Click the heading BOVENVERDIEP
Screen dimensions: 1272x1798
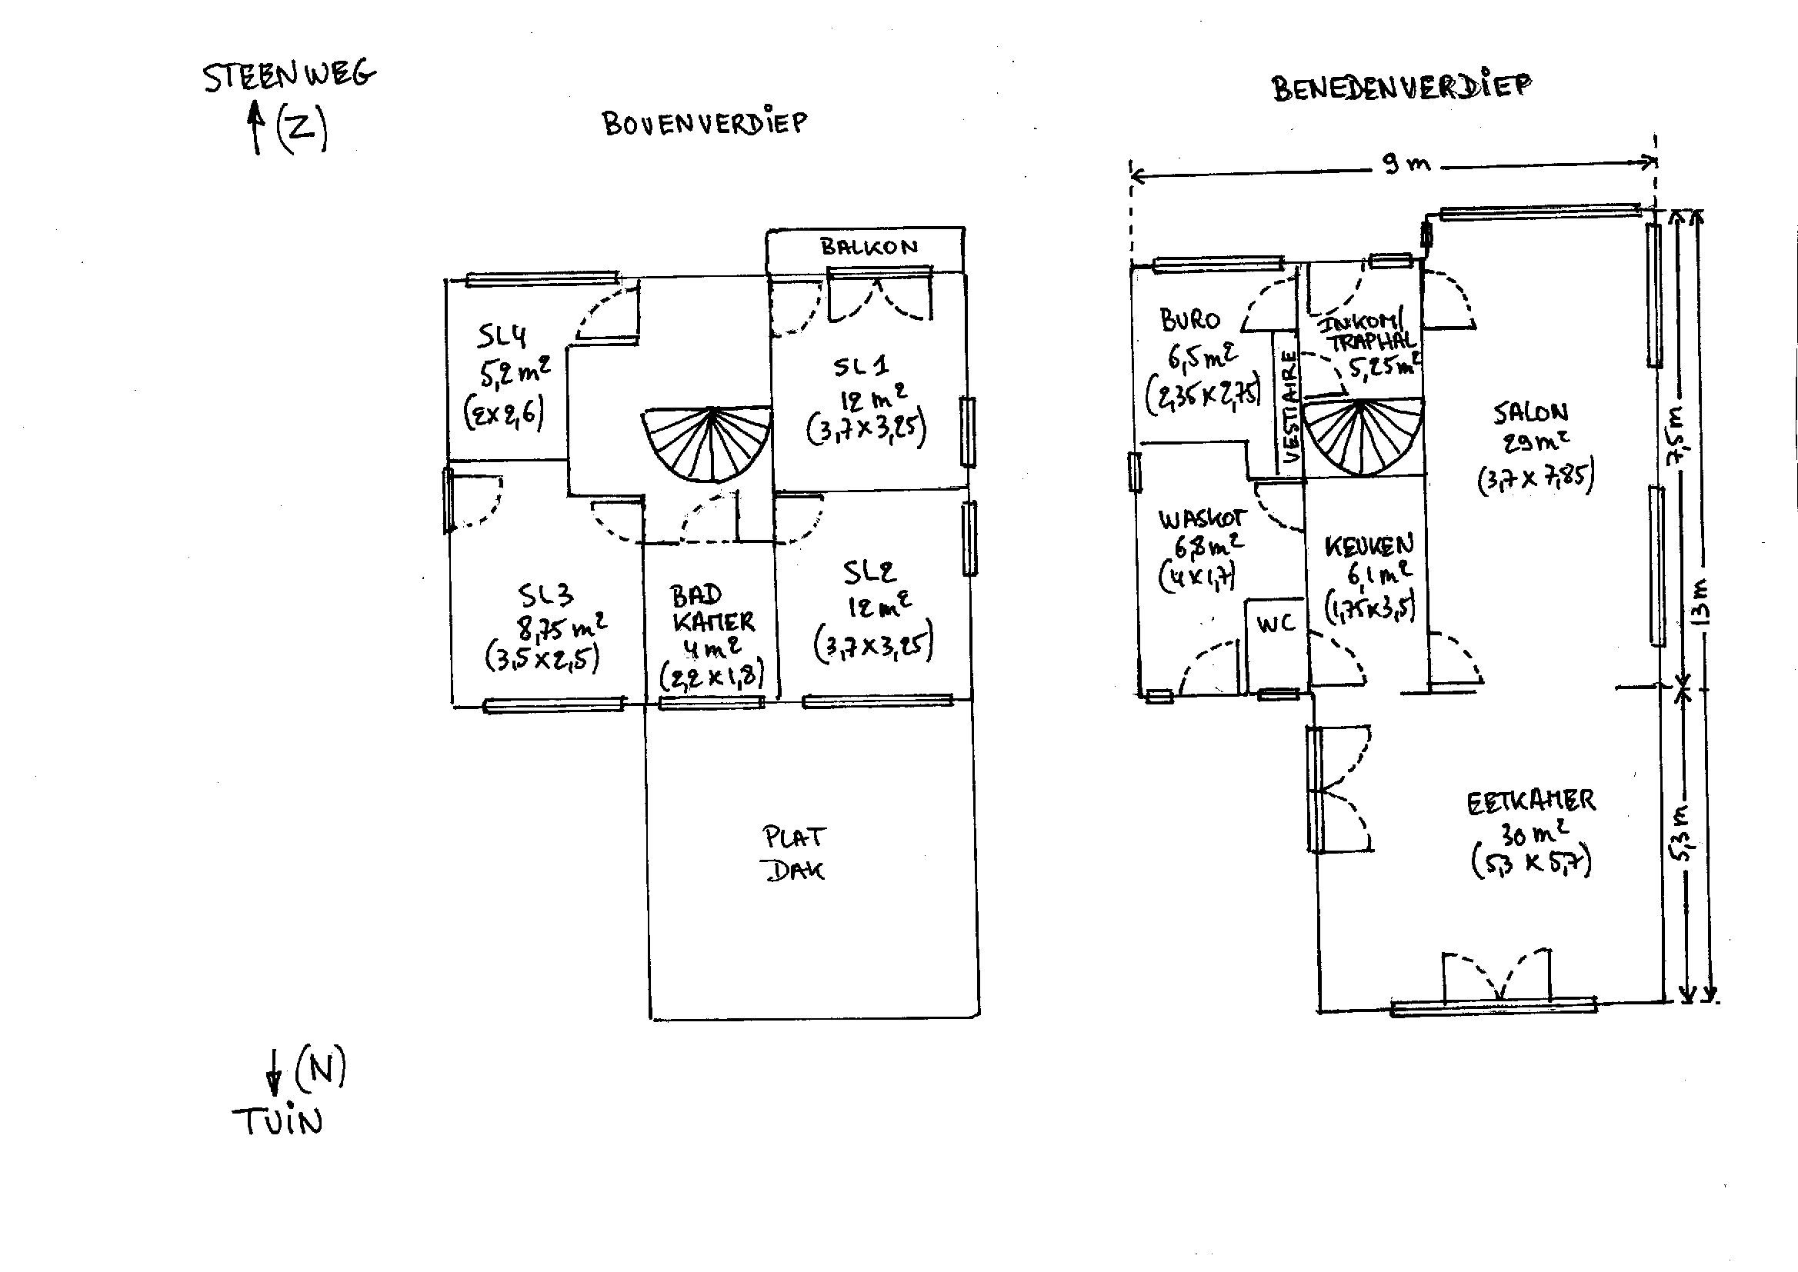point(703,124)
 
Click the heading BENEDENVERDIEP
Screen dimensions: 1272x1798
point(1401,88)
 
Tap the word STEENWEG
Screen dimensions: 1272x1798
point(289,76)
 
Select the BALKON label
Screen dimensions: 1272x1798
point(868,248)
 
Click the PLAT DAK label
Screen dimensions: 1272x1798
point(795,854)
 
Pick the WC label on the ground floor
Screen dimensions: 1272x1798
point(1276,624)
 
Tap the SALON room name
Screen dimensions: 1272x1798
point(1530,413)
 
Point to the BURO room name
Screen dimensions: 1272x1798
point(1189,320)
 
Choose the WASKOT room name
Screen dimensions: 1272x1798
point(1201,518)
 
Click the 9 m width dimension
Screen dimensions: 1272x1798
point(1406,165)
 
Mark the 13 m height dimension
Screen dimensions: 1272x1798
point(1702,603)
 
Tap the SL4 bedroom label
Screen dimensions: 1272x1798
point(502,337)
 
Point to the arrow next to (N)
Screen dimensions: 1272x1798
point(274,1072)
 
